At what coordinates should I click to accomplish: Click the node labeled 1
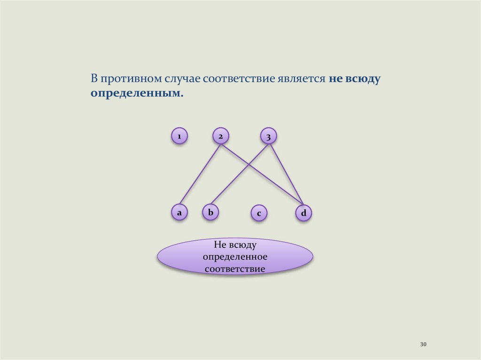pos(179,136)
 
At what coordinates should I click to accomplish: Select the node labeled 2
pos(220,136)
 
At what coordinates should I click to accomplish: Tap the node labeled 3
pos(268,137)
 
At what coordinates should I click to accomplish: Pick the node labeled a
pos(179,213)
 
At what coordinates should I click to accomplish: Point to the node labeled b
pos(210,213)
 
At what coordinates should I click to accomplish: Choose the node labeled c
pos(258,214)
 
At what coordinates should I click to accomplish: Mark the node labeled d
pos(303,214)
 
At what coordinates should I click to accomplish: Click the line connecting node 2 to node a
pos(200,174)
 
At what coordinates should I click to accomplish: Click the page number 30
pos(423,345)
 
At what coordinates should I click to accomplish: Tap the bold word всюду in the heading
pos(363,78)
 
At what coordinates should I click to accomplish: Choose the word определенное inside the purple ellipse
pos(235,257)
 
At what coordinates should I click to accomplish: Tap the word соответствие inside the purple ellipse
pos(235,269)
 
